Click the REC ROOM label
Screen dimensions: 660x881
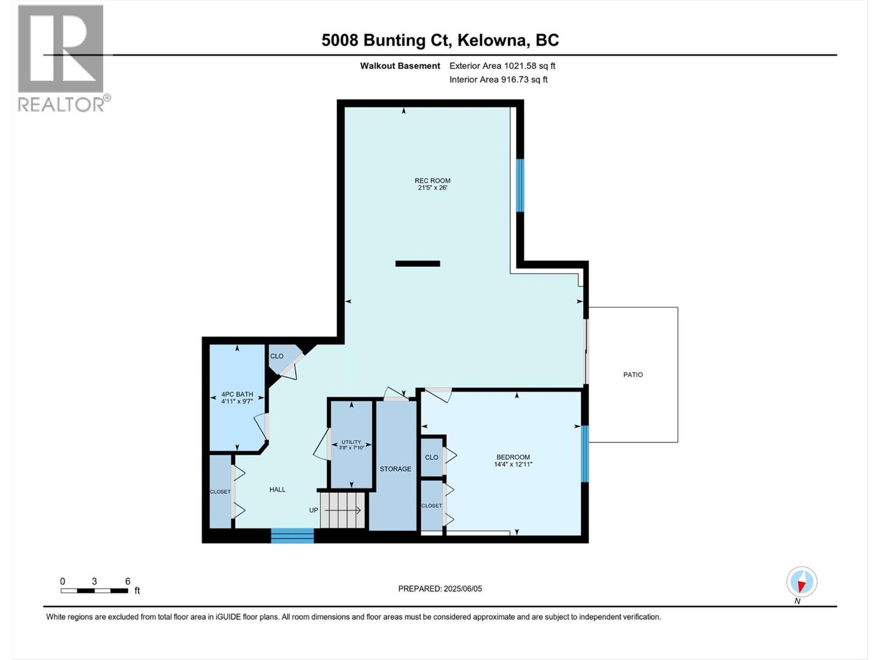pyautogui.click(x=432, y=180)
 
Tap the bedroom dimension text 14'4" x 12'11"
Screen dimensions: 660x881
pyautogui.click(x=513, y=464)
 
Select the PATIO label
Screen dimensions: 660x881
pyautogui.click(x=633, y=375)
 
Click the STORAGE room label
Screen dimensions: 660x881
pyautogui.click(x=395, y=469)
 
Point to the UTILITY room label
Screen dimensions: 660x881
pyautogui.click(x=351, y=442)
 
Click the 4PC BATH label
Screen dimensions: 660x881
pyautogui.click(x=237, y=394)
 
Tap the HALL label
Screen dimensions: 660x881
pyautogui.click(x=278, y=490)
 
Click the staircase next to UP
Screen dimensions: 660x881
pyautogui.click(x=343, y=510)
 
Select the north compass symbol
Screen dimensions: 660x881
pyautogui.click(x=802, y=582)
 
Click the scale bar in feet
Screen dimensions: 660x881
pyautogui.click(x=95, y=591)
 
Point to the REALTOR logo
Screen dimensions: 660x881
pyautogui.click(x=62, y=58)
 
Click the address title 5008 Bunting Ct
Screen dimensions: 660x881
pyautogui.click(x=440, y=40)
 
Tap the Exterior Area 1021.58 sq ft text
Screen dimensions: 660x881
pyautogui.click(x=502, y=66)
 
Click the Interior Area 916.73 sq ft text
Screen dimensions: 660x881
pyautogui.click(x=498, y=80)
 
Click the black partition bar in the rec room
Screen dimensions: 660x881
pyautogui.click(x=417, y=263)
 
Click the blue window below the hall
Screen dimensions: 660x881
pyautogui.click(x=292, y=536)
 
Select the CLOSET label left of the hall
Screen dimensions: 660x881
pyautogui.click(x=220, y=492)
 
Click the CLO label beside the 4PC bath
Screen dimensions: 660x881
pyautogui.click(x=276, y=356)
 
